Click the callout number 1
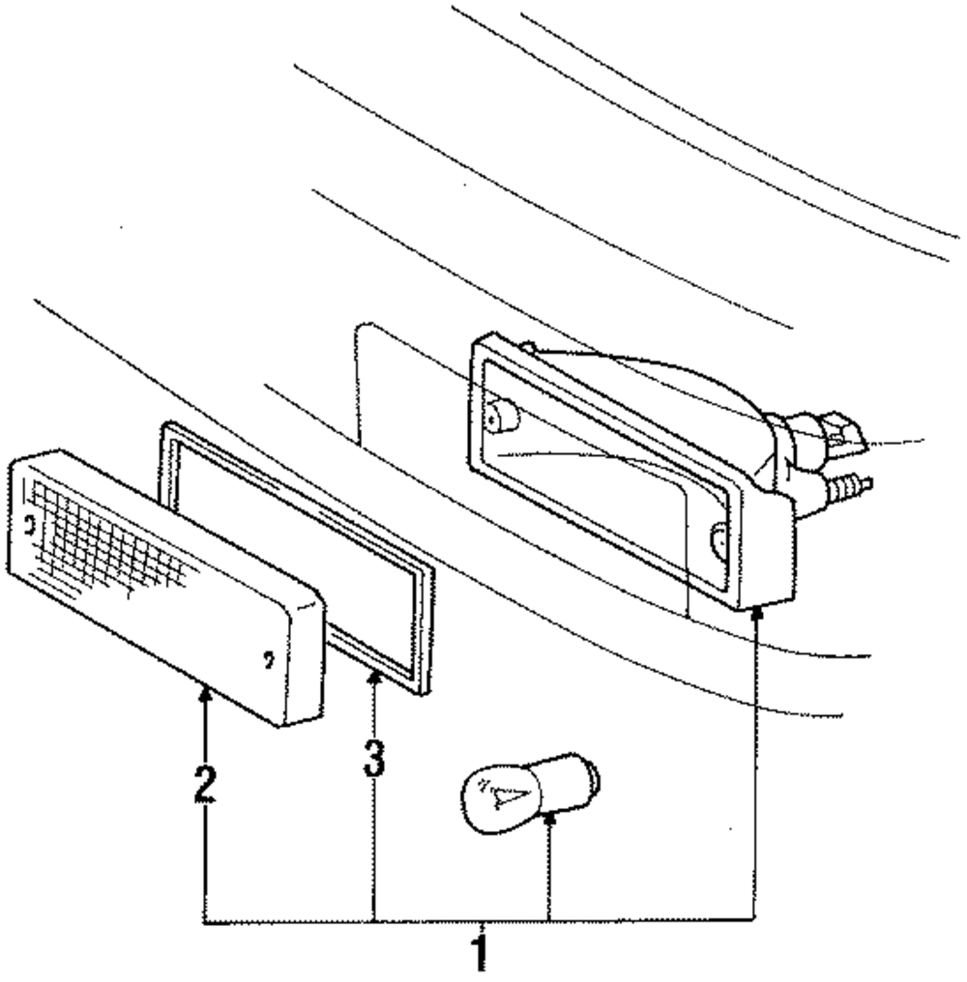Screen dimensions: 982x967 click(479, 951)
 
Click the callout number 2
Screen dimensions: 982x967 click(203, 784)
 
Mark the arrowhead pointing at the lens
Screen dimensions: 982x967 click(204, 691)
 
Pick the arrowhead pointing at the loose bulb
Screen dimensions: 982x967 click(548, 820)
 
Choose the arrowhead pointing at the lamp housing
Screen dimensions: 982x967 click(755, 613)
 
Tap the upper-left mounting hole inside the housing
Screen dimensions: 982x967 click(504, 417)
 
